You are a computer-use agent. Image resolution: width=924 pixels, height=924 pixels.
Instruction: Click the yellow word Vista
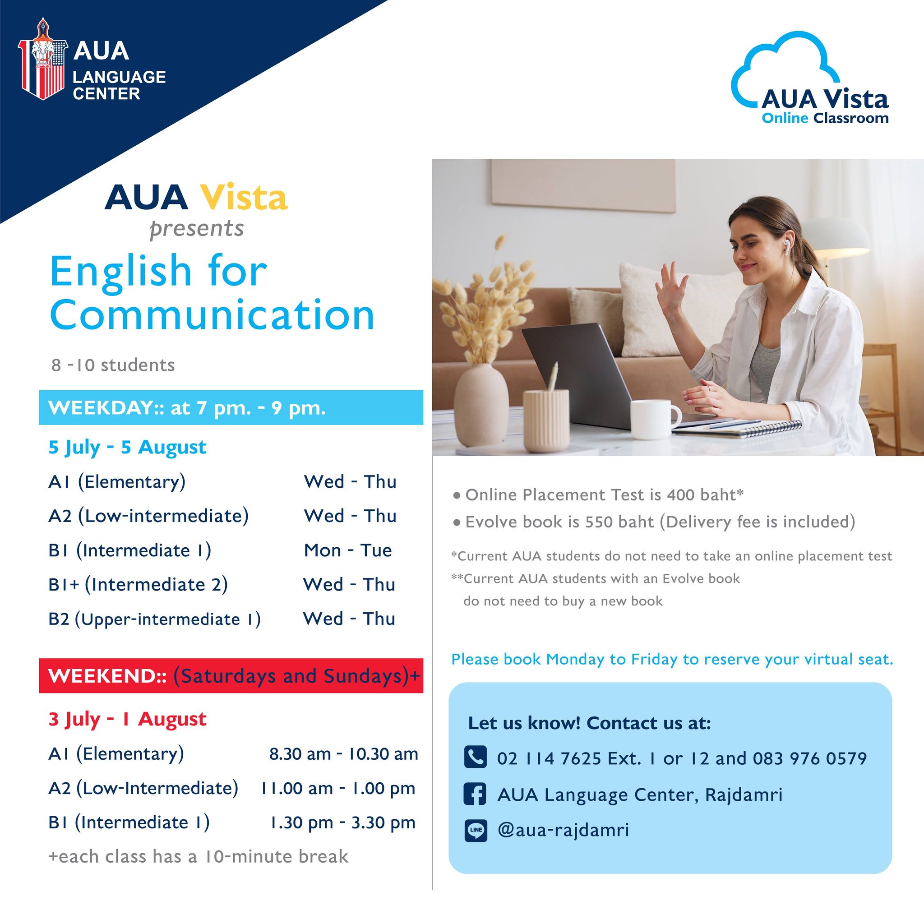[244, 198]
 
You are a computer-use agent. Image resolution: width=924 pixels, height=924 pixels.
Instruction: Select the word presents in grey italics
[197, 229]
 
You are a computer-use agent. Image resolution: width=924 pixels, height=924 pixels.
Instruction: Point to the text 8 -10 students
[113, 365]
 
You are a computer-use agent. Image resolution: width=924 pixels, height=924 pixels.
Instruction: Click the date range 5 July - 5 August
[127, 447]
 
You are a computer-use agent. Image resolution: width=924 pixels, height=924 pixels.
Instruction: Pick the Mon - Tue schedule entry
[348, 550]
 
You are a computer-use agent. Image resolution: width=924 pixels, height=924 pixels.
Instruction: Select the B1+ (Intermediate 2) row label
[138, 584]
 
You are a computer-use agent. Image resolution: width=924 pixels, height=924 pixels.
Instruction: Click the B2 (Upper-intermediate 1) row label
[154, 619]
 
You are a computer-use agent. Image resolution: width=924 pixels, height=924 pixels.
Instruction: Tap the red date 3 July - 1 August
[127, 719]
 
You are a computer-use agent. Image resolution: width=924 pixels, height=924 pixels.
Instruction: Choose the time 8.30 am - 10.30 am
[343, 754]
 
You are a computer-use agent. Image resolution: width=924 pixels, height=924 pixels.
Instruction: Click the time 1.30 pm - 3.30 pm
[342, 822]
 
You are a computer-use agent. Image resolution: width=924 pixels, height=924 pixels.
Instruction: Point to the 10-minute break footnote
[199, 857]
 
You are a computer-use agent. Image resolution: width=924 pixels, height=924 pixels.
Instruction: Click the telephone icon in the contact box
[476, 758]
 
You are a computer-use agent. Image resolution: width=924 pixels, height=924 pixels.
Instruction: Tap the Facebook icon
[476, 795]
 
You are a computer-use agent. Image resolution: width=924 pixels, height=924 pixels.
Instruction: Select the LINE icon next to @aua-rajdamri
[476, 830]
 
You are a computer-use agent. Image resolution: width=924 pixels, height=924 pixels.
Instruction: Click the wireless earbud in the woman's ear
[786, 246]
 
